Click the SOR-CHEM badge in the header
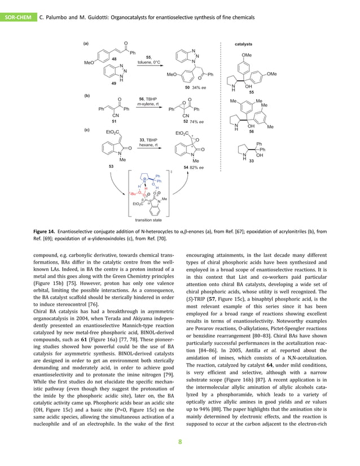[x=18, y=17]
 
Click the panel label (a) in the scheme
[x=86, y=43]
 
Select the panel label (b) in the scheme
[x=86, y=96]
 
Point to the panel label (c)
[x=86, y=130]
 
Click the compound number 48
[x=114, y=59]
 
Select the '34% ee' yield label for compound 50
[x=198, y=88]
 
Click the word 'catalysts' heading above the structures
[x=243, y=43]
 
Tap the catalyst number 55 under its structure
[x=251, y=91]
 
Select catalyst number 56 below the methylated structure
[x=251, y=131]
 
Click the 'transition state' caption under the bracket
[x=148, y=221]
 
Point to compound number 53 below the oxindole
[x=111, y=167]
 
